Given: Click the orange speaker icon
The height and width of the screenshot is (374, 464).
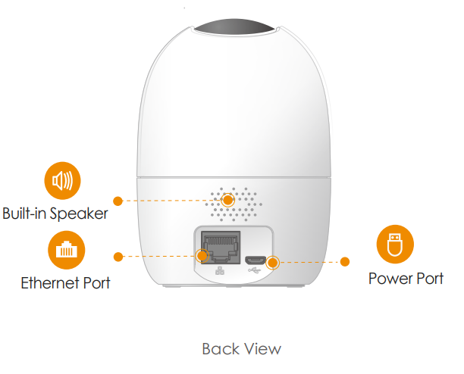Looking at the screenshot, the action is [x=62, y=180].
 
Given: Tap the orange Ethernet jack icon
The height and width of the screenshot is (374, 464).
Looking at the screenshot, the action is [x=66, y=250].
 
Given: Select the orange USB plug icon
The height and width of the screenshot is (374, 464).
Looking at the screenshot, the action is [x=395, y=244].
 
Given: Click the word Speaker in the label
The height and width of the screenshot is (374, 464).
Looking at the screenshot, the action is [x=79, y=213].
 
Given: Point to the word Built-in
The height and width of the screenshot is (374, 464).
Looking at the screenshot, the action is [x=25, y=213].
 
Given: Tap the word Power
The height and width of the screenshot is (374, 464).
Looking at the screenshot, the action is [x=389, y=279].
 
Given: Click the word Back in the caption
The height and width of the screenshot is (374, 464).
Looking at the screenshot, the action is [x=221, y=349].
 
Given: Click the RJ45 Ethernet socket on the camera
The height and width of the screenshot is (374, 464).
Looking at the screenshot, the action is [x=221, y=248].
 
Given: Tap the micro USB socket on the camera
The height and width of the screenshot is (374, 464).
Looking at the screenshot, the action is [x=255, y=260].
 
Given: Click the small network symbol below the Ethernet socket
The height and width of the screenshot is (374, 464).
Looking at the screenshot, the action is [x=220, y=270].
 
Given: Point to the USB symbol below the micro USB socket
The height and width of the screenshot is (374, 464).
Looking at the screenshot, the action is [x=255, y=270].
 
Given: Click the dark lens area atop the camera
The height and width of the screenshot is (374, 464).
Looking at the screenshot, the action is [x=234, y=27].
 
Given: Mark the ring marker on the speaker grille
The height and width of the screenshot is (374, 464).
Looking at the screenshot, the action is [x=228, y=201].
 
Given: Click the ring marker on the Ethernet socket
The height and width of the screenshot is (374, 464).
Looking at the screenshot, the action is [x=202, y=256].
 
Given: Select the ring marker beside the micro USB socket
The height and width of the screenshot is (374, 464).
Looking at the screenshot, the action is [x=272, y=263].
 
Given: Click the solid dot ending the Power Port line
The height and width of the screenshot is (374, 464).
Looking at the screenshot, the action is [x=345, y=261].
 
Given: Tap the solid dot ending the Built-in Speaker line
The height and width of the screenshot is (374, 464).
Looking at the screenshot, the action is [x=118, y=201].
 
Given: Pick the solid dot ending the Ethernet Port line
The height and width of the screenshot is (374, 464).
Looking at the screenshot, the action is [x=118, y=257].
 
